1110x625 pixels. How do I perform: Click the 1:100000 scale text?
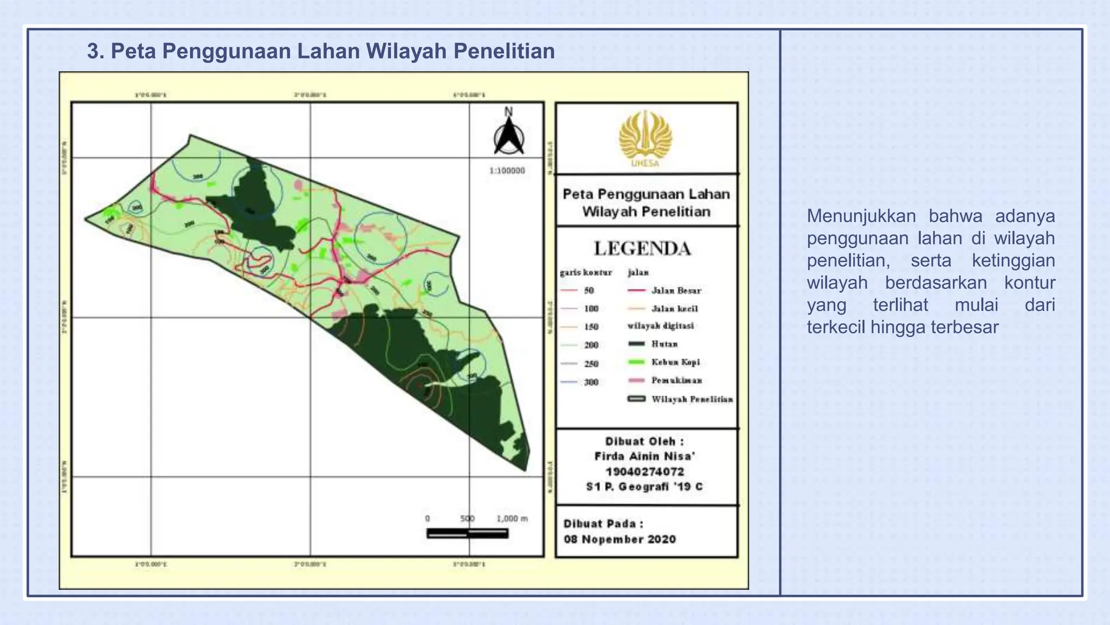pyautogui.click(x=507, y=170)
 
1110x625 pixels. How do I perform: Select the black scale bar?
pyautogui.click(x=467, y=534)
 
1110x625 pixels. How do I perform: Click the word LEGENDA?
pyautogui.click(x=642, y=249)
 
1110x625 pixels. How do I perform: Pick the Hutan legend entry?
pyautogui.click(x=664, y=344)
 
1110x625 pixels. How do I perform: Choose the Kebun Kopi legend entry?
pyautogui.click(x=675, y=362)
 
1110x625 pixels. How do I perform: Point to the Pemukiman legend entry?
pyautogui.click(x=676, y=380)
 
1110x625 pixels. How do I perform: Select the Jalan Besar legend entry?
pyautogui.click(x=676, y=291)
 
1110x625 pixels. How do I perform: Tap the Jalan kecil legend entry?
pyautogui.click(x=674, y=309)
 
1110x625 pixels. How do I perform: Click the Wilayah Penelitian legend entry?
pyautogui.click(x=692, y=399)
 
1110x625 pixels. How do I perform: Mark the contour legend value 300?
pyautogui.click(x=591, y=382)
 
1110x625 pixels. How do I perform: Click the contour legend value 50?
pyautogui.click(x=589, y=291)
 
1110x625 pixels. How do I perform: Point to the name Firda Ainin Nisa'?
pyautogui.click(x=644, y=456)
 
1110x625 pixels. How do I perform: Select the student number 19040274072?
pyautogui.click(x=644, y=471)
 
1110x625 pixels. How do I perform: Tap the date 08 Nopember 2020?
pyautogui.click(x=619, y=539)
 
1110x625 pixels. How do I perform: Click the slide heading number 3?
pyautogui.click(x=94, y=52)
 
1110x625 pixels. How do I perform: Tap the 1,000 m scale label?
pyautogui.click(x=512, y=519)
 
